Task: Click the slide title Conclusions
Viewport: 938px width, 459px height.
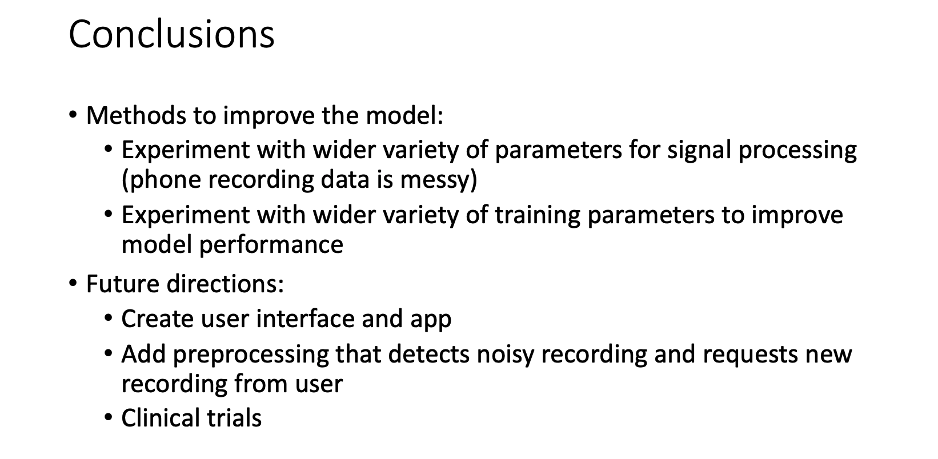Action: (171, 34)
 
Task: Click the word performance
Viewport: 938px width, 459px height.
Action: (271, 245)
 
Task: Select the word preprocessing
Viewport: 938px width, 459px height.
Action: (250, 355)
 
